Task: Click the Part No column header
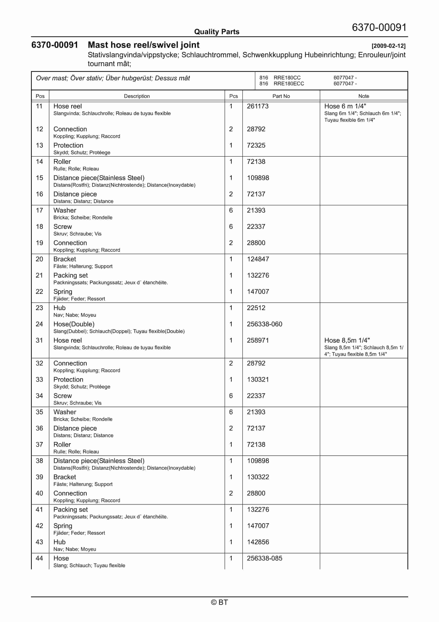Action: coord(281,96)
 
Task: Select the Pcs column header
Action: coord(233,96)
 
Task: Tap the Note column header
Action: coord(364,96)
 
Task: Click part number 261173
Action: coord(257,106)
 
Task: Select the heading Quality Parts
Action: coord(217,32)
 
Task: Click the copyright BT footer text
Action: coord(219,602)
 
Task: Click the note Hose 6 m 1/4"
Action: coord(345,106)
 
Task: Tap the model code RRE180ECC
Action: coord(289,84)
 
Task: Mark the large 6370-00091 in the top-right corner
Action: coord(379,27)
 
